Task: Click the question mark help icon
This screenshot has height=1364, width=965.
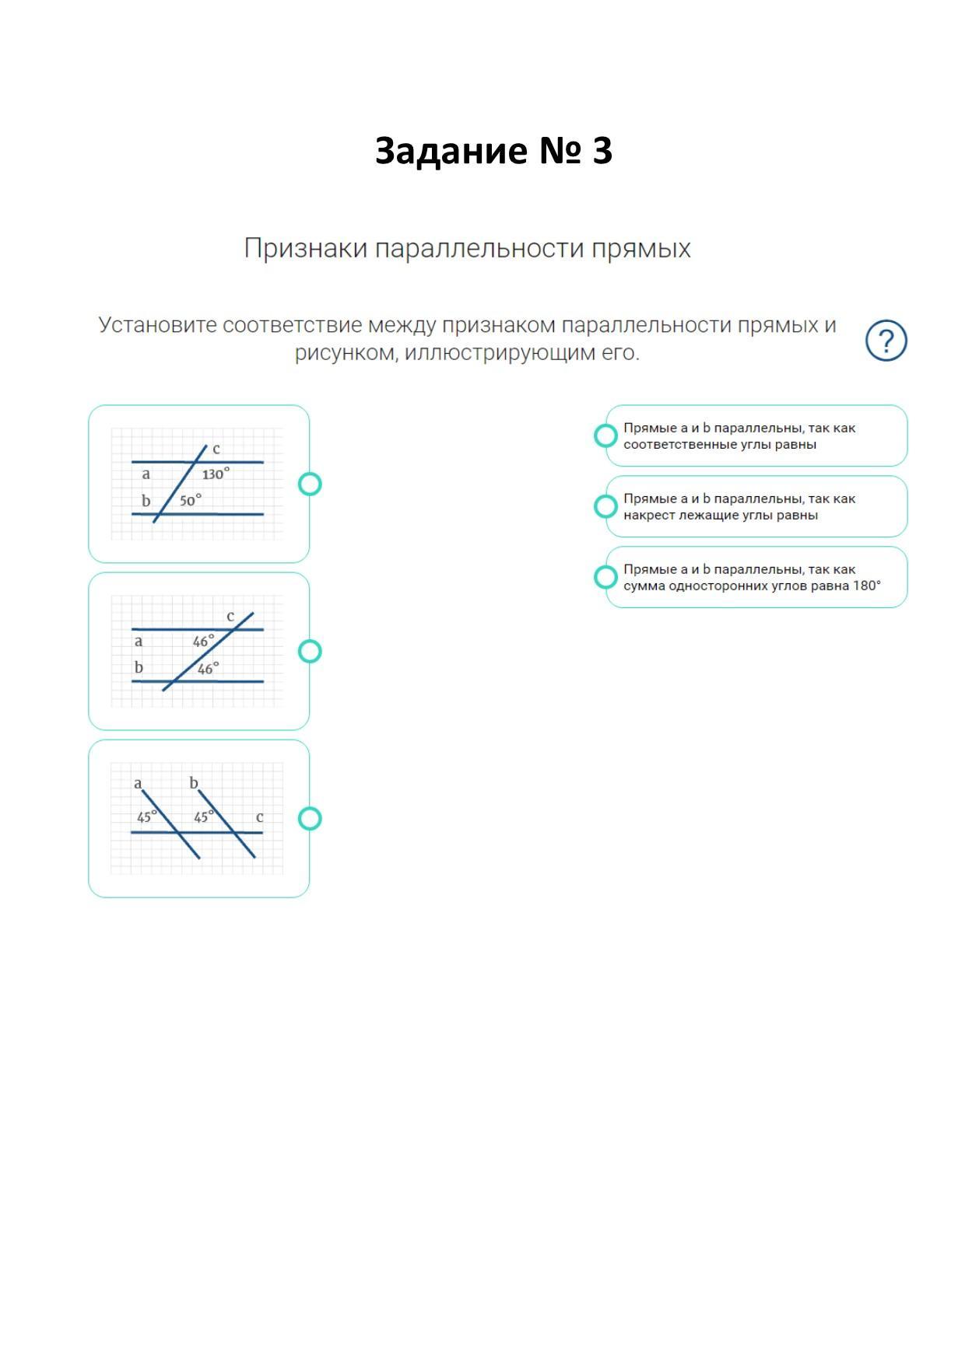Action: (886, 341)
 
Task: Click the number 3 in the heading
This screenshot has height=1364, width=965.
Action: (602, 151)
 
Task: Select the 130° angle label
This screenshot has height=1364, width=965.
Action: (216, 474)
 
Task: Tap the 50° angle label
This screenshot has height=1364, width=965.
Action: (190, 500)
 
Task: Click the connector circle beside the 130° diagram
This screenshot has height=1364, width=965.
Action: (310, 484)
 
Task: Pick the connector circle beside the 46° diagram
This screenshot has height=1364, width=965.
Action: (310, 651)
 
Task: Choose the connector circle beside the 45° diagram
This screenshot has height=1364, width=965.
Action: (310, 818)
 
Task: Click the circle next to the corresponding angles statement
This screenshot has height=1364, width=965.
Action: (605, 435)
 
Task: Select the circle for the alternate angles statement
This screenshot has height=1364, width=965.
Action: (605, 506)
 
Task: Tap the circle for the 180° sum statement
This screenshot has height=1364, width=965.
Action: (605, 577)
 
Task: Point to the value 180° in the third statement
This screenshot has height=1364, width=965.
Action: (866, 586)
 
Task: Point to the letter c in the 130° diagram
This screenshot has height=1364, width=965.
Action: (216, 449)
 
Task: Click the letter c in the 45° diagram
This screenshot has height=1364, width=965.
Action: (259, 817)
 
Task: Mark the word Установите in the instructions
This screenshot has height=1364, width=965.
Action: (156, 325)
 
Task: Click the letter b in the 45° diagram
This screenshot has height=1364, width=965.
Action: (194, 783)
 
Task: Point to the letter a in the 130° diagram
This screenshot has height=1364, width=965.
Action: (146, 474)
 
